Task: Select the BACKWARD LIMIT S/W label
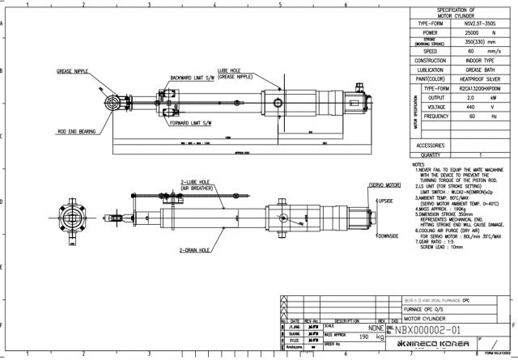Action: (193, 78)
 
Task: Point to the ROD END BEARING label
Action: (77, 129)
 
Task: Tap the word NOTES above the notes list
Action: (418, 163)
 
